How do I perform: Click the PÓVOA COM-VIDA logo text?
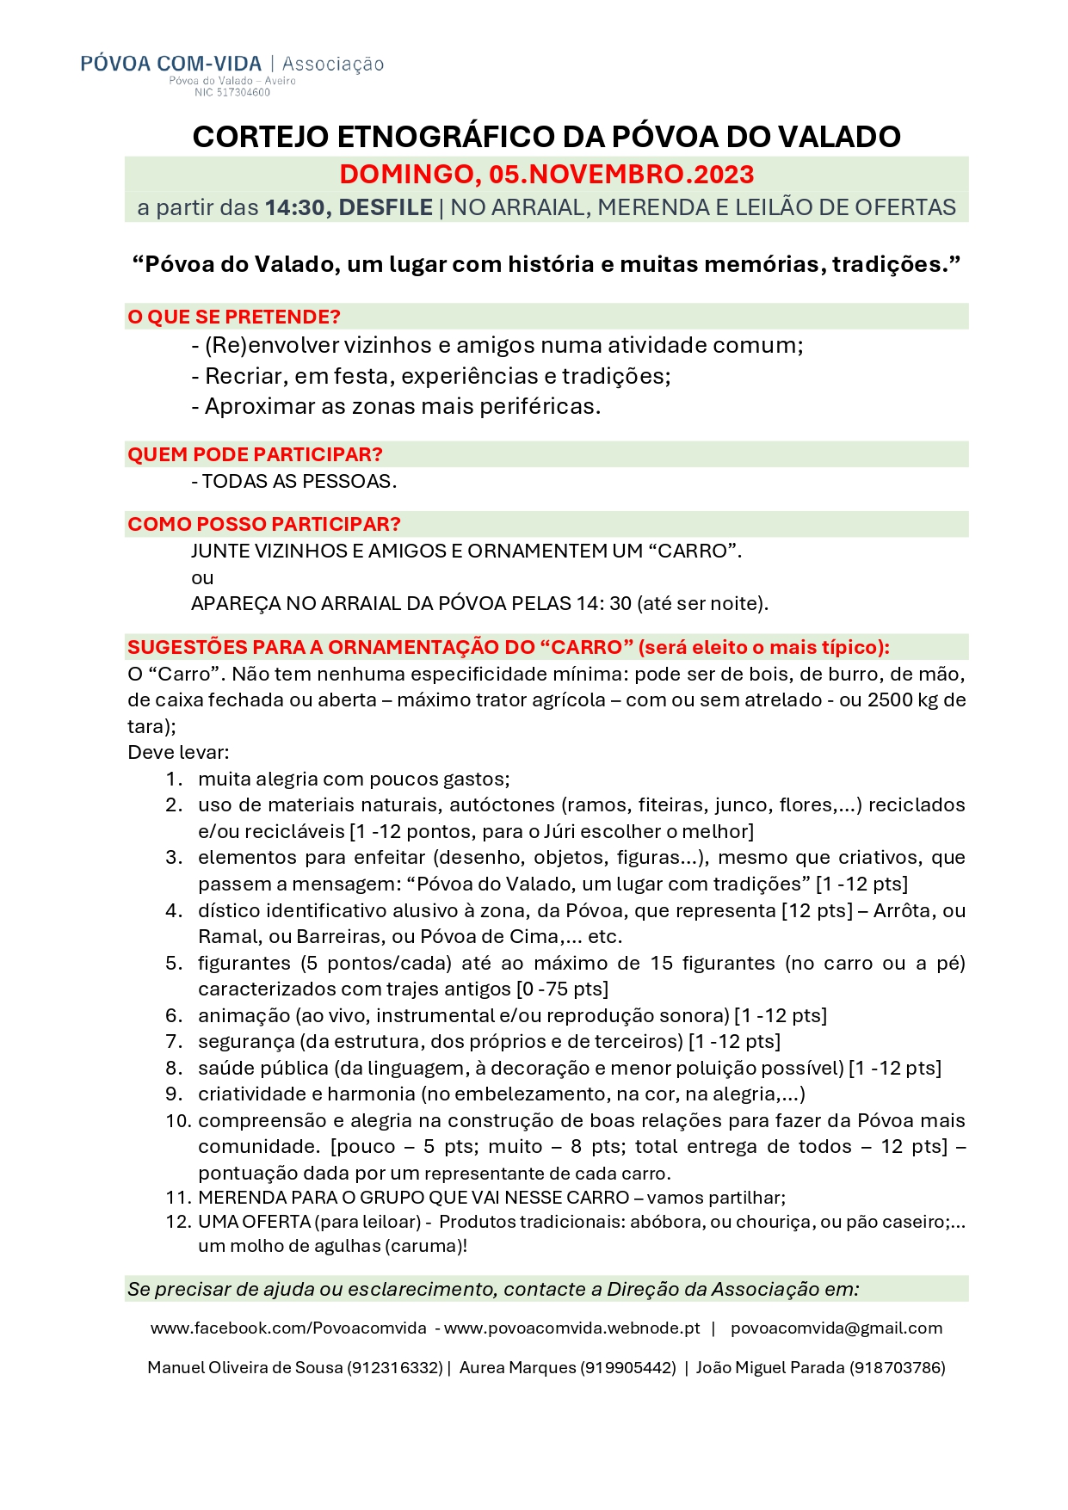tap(170, 64)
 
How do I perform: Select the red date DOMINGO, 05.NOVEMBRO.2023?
tap(546, 175)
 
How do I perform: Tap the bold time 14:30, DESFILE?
tap(349, 207)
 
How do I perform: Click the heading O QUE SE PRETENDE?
tap(234, 317)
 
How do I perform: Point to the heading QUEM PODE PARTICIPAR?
tap(255, 454)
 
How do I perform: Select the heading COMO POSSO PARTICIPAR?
tap(264, 524)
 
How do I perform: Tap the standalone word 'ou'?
tap(202, 577)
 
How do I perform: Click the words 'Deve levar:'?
tap(178, 753)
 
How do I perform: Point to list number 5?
tap(174, 963)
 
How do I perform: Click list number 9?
tap(174, 1094)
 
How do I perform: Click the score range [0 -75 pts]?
tap(562, 989)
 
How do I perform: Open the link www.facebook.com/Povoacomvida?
tap(288, 1328)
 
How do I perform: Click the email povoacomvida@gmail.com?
tap(836, 1328)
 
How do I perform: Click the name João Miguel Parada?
tap(770, 1367)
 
